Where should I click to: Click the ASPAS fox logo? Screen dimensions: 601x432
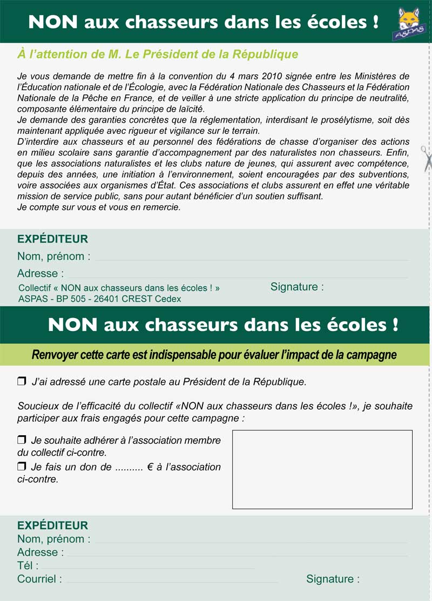(410, 24)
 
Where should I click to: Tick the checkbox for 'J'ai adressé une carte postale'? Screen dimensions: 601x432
(22, 382)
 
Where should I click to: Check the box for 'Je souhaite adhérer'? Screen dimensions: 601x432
(22, 440)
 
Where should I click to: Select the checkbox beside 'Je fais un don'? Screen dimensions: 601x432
(22, 466)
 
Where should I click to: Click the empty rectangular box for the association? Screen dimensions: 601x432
(322, 469)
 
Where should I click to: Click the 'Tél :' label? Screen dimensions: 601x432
(28, 566)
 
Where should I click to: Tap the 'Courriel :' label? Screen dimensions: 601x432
(39, 579)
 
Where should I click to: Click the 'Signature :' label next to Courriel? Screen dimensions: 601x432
(333, 579)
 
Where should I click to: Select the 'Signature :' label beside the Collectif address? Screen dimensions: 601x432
(297, 287)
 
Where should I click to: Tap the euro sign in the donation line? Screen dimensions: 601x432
(148, 467)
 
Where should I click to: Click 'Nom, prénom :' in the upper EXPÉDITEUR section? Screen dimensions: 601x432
(53, 256)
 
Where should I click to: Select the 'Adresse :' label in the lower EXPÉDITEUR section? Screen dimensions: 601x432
(40, 552)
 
